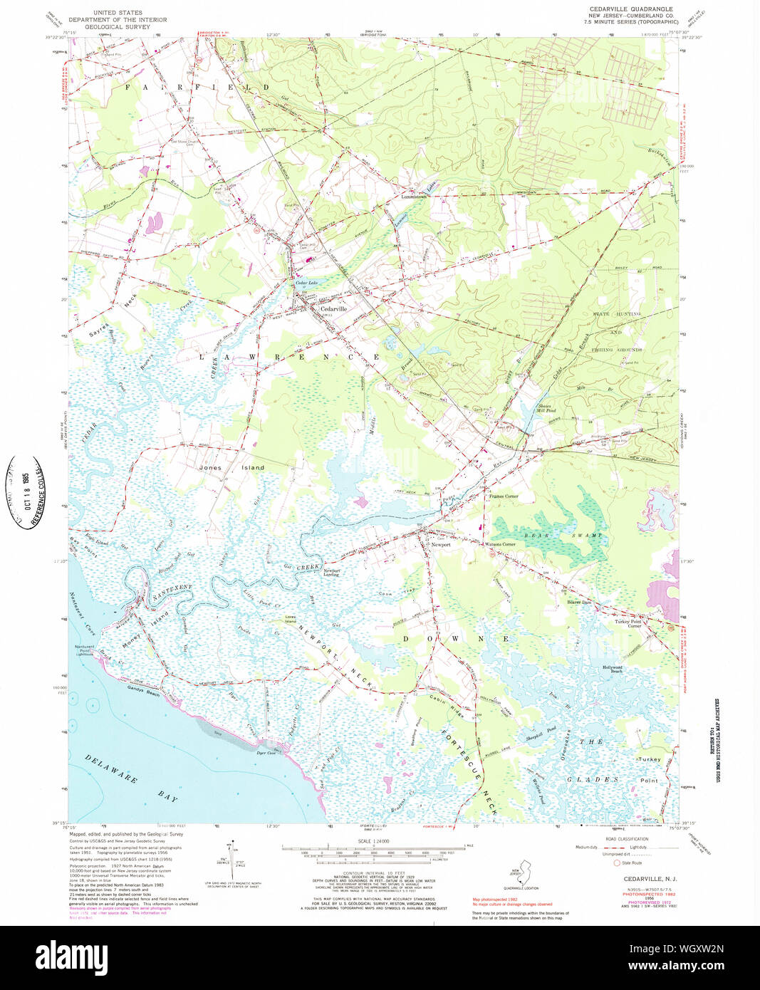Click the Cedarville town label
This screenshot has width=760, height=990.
(x=334, y=308)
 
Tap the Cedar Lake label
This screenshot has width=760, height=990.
(x=306, y=283)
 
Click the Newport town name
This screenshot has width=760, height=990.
(x=441, y=544)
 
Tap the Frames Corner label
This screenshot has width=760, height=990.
(x=503, y=496)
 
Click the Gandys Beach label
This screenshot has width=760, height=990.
(x=143, y=692)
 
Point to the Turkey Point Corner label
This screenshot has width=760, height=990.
(x=628, y=623)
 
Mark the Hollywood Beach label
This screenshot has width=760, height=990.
(x=613, y=669)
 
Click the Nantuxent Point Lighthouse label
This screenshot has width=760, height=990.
(x=84, y=649)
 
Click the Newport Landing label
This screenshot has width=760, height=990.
(x=331, y=573)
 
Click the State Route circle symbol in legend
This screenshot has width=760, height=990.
(x=617, y=863)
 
